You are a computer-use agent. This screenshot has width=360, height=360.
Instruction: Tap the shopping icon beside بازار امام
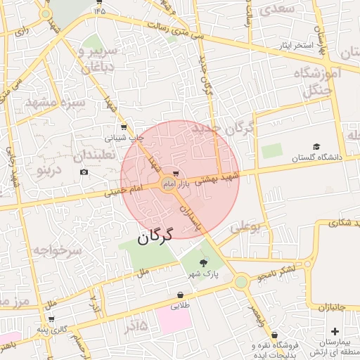click(175, 172)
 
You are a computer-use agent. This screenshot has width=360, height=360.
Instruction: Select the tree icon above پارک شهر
click(204, 262)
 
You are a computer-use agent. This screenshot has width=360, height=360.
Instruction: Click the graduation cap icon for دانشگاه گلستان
click(316, 146)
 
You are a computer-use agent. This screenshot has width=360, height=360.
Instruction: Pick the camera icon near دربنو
click(84, 172)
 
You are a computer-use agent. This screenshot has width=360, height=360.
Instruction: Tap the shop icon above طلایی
click(181, 295)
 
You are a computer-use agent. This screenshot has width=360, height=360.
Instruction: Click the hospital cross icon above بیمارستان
click(334, 330)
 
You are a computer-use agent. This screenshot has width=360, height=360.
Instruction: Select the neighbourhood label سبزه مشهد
click(55, 103)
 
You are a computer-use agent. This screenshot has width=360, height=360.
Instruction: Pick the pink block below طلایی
click(173, 320)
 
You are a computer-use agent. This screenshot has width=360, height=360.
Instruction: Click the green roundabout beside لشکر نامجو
click(241, 282)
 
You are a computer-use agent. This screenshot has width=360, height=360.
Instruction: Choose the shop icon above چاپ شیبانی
click(123, 127)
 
